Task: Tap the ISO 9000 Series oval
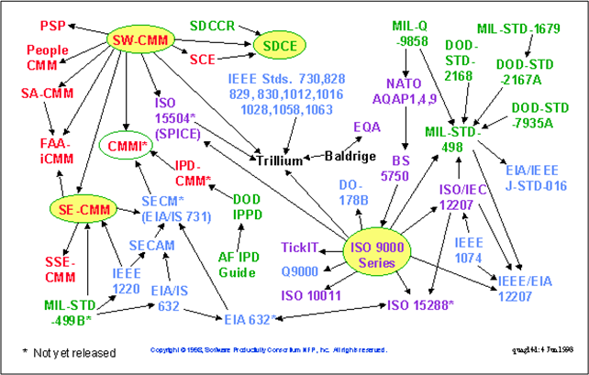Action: coord(380,254)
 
